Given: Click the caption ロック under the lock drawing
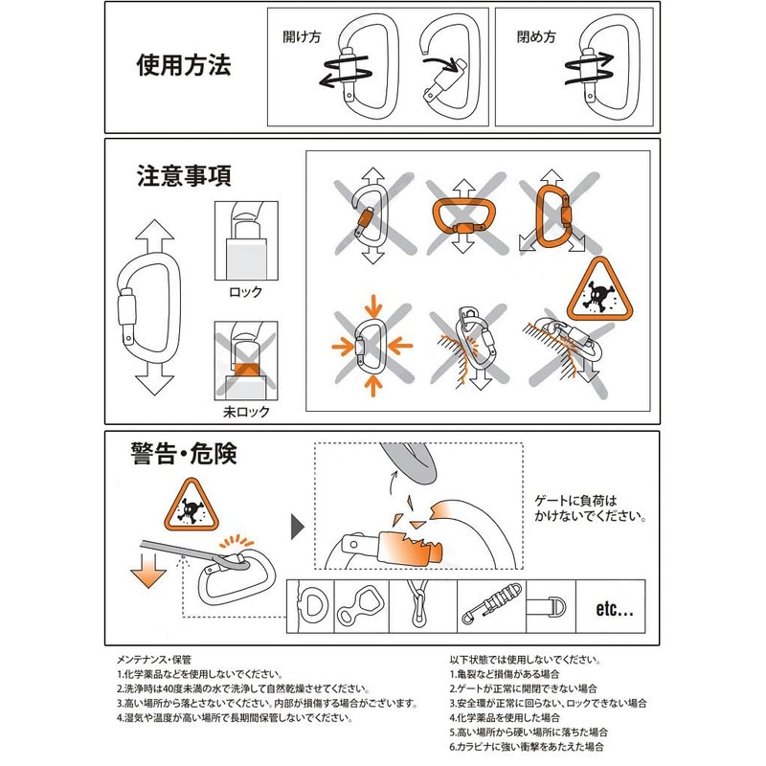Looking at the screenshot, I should [x=245, y=291].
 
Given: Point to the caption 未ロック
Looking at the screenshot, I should [x=245, y=412].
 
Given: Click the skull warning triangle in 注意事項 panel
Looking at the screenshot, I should [x=597, y=289].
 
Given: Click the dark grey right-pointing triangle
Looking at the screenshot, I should [x=297, y=525].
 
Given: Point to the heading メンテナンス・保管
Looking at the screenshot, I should [x=154, y=660].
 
